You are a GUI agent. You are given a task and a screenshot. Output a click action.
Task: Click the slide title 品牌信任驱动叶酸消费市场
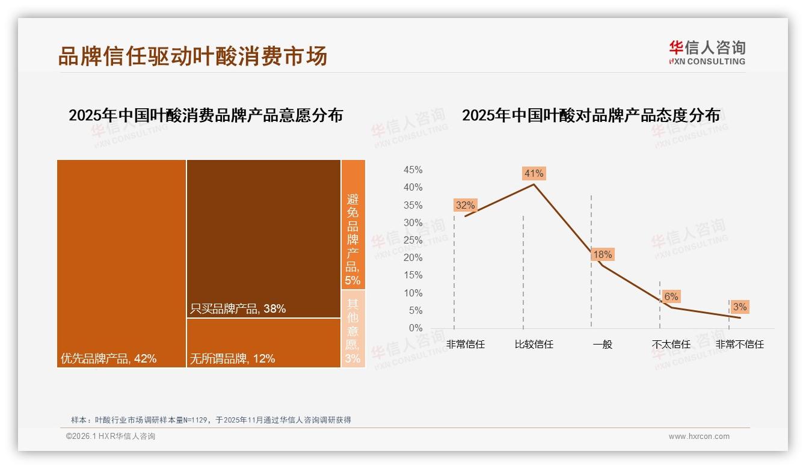click(192, 56)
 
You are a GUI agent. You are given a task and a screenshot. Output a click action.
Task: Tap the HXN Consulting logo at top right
click(707, 52)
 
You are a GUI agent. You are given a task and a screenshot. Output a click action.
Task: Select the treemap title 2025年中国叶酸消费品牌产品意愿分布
click(206, 115)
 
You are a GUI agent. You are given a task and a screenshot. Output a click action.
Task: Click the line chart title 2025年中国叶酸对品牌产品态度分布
click(591, 115)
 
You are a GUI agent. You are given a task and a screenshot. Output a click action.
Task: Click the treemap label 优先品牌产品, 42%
click(109, 359)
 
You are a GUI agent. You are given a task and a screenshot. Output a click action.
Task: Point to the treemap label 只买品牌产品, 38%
click(238, 309)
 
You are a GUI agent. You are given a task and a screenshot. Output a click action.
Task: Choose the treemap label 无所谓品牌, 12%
click(232, 359)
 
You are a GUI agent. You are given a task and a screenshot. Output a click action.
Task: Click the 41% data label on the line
click(534, 174)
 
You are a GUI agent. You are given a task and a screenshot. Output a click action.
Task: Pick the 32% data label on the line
click(465, 206)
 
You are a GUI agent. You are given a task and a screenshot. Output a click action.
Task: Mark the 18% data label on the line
click(602, 255)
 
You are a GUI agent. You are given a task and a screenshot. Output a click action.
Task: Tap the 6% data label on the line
click(671, 296)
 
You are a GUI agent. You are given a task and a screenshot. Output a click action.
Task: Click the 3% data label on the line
click(739, 307)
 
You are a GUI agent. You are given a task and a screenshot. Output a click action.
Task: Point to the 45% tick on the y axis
click(413, 170)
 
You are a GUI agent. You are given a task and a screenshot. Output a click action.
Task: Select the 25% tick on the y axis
click(413, 241)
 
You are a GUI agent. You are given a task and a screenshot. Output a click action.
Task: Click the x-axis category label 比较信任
click(534, 345)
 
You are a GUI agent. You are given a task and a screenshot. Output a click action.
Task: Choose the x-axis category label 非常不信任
click(739, 345)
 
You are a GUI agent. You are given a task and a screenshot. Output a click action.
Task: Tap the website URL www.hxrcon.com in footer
click(699, 437)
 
